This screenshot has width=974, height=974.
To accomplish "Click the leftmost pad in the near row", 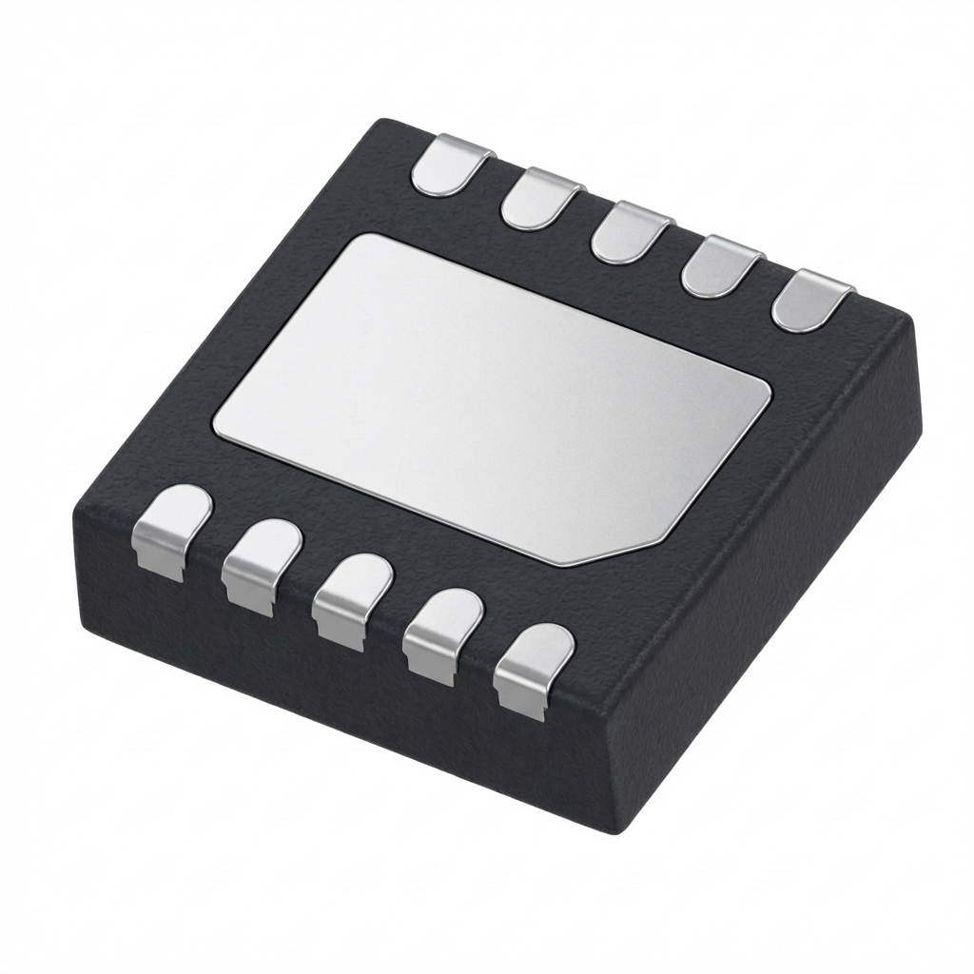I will tap(171, 528).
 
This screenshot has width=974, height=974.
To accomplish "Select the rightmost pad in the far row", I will tap(811, 299).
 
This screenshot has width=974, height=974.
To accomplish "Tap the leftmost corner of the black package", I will tap(76, 518).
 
